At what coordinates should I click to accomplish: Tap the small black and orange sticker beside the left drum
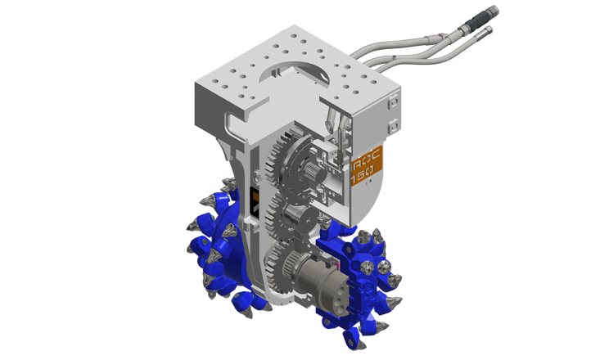point(255,201)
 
